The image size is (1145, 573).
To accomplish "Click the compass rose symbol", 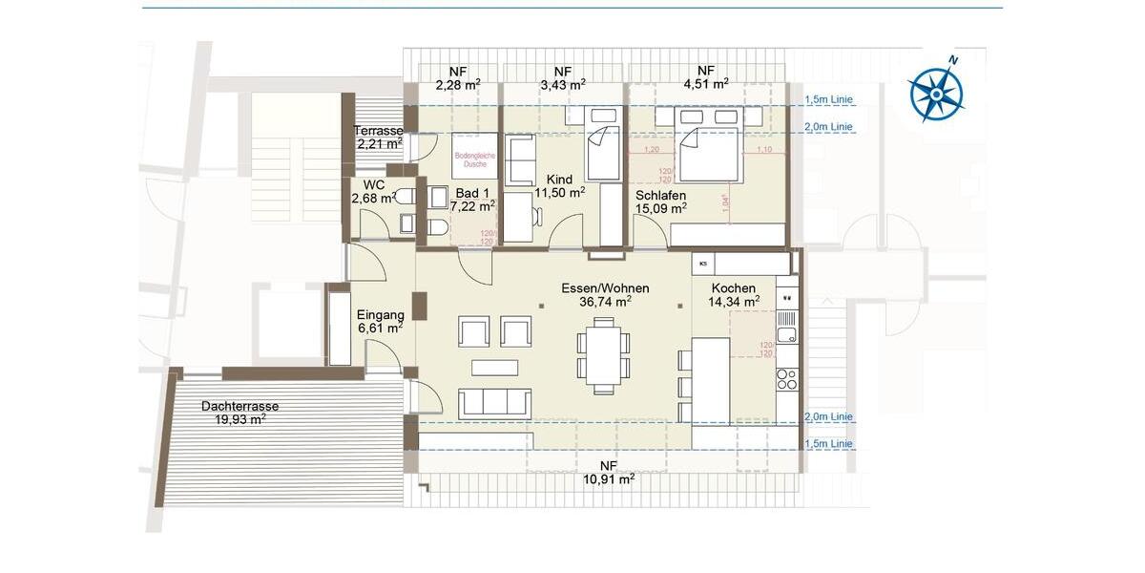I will coord(935,92).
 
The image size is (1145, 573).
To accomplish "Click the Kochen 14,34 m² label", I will coord(733,294).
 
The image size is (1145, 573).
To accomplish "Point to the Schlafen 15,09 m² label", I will coord(661,201).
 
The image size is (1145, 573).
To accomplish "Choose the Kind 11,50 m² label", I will coord(558,185).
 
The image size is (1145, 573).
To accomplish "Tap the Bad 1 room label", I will coord(471,199).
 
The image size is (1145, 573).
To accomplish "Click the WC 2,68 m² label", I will coord(373,191).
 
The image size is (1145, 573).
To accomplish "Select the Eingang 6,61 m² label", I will coord(380,321).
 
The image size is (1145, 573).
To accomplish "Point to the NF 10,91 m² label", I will coord(609,472).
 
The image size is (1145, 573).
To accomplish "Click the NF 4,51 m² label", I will coord(705,76).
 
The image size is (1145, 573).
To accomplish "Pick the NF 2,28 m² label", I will coord(457,76).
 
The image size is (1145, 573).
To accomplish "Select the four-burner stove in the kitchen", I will coord(787,379).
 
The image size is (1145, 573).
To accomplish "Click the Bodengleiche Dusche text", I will coord(475,159).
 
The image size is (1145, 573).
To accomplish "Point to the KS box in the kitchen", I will coord(703,263).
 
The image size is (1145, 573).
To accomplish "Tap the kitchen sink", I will coord(787,334).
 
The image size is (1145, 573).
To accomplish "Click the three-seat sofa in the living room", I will coord(494,403).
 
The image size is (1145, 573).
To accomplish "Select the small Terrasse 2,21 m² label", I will coord(378,138).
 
